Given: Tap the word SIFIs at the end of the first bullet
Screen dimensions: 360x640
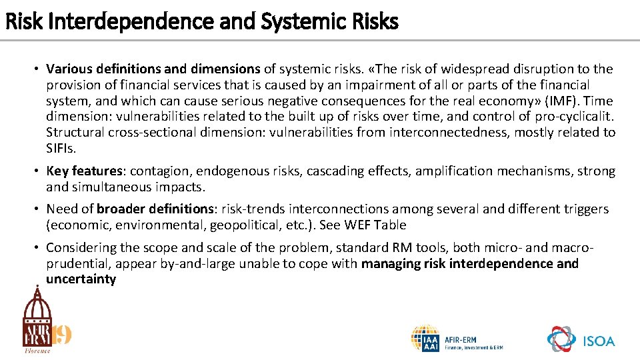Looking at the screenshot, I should (x=62, y=148).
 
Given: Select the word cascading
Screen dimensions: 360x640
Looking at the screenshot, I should (x=335, y=171).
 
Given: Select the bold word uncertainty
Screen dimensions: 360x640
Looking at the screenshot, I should (x=81, y=279).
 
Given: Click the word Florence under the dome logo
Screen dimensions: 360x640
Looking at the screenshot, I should (x=37, y=350).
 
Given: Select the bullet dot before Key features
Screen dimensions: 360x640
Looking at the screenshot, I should (x=38, y=171).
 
